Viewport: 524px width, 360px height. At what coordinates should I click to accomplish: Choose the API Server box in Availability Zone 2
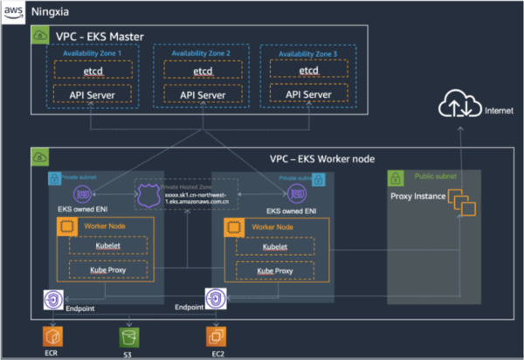tap(202, 93)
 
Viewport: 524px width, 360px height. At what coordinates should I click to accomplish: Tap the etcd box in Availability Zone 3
tap(308, 70)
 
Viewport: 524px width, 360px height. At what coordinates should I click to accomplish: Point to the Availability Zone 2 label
tap(202, 54)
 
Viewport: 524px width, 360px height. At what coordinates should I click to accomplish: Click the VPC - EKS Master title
tap(100, 36)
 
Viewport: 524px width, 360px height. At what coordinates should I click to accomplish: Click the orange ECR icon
tap(52, 335)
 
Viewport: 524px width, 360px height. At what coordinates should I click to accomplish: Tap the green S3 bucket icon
tap(129, 335)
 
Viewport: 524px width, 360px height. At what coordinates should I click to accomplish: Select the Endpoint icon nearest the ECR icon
tap(52, 300)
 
